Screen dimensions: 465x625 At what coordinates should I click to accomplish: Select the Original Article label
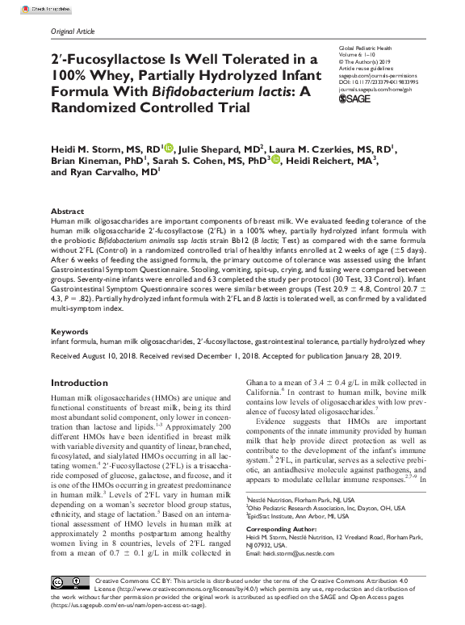pos(72,31)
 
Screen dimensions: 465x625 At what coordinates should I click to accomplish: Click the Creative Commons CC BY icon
pos(69,582)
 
